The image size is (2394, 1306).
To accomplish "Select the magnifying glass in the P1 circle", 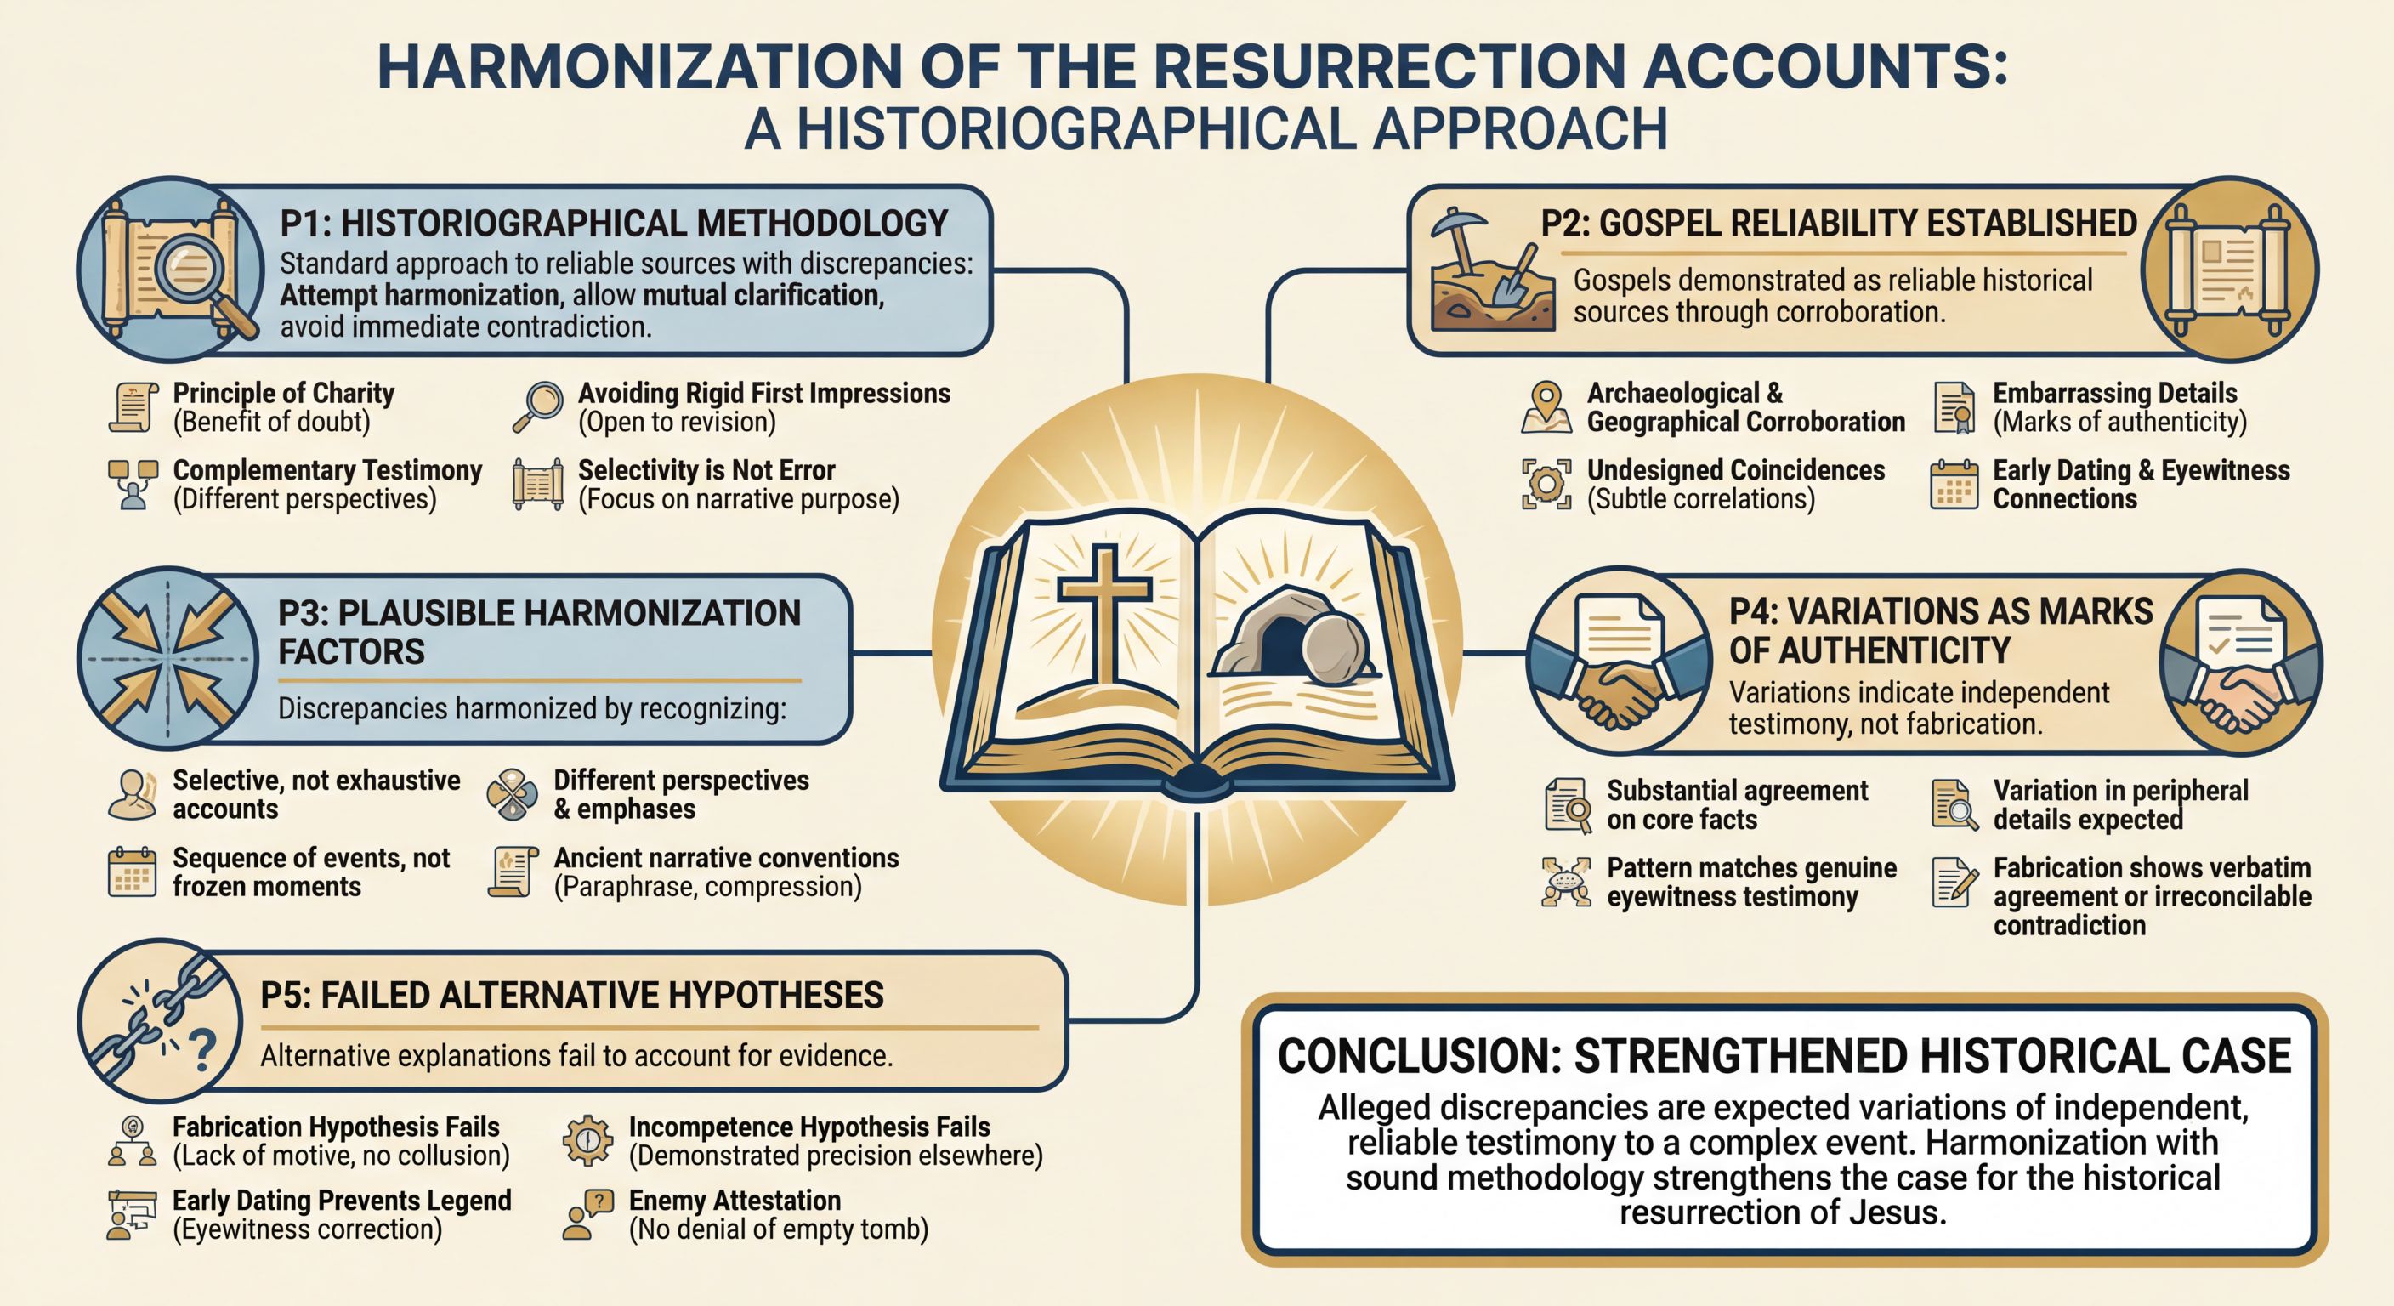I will [x=190, y=269].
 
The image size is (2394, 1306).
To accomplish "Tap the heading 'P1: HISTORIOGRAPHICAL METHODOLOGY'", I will [x=613, y=224].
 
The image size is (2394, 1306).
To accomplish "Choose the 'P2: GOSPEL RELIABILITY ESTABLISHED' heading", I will [x=1838, y=224].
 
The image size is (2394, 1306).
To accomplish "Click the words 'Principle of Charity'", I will [x=283, y=393].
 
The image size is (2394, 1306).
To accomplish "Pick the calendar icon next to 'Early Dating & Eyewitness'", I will [x=1954, y=485].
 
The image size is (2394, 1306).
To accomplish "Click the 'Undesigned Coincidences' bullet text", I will [x=1735, y=470].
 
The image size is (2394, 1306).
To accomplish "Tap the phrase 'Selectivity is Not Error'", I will [x=706, y=470].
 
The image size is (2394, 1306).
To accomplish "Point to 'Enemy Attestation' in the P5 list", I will [x=735, y=1200].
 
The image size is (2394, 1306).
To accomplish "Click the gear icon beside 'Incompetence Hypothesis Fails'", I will [x=587, y=1139].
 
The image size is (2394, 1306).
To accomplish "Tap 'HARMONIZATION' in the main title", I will [x=639, y=67].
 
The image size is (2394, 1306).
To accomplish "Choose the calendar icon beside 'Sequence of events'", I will [x=132, y=872].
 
